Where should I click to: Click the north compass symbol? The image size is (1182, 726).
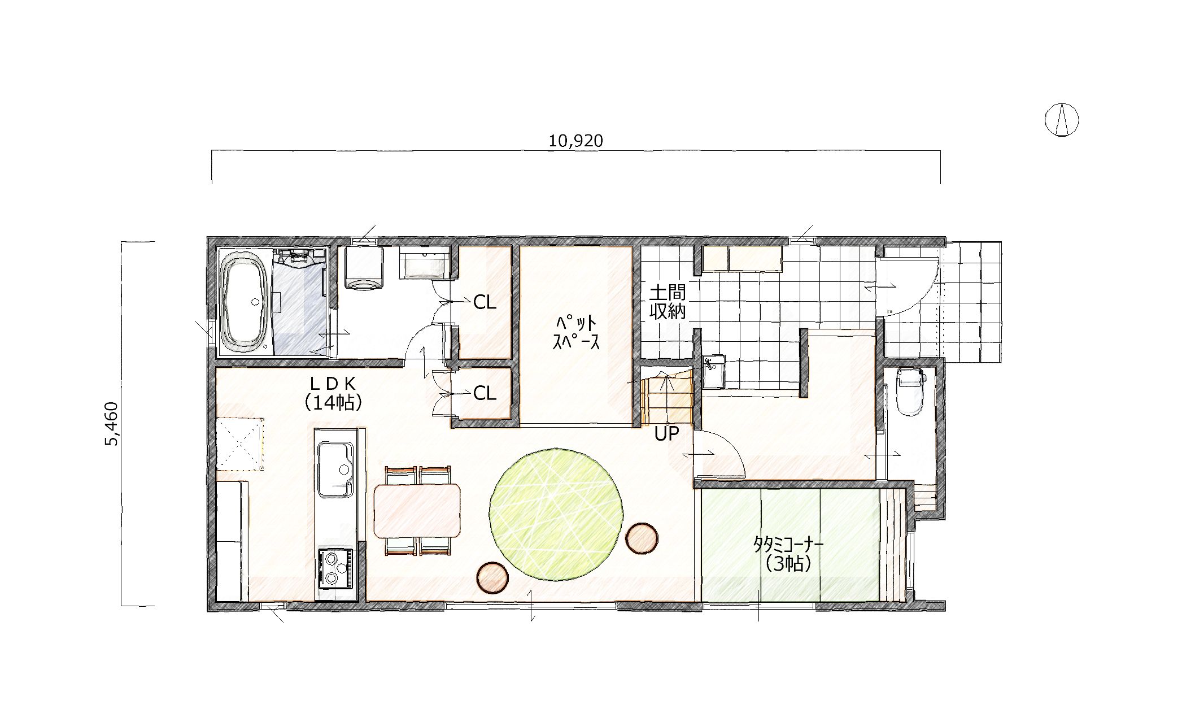pyautogui.click(x=1062, y=120)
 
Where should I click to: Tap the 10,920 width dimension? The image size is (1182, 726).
pyautogui.click(x=576, y=141)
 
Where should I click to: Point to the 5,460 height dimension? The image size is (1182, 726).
pyautogui.click(x=112, y=424)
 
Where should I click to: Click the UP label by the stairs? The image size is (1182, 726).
pyautogui.click(x=666, y=434)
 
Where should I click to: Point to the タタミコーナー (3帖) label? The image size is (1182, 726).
pyautogui.click(x=789, y=554)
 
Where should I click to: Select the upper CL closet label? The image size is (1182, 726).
pyautogui.click(x=485, y=303)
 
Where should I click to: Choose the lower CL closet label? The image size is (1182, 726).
pyautogui.click(x=485, y=393)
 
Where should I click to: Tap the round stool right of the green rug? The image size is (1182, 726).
pyautogui.click(x=642, y=537)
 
